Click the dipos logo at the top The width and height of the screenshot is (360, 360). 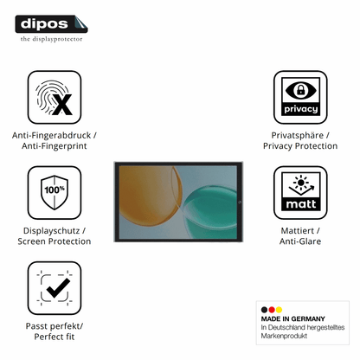pyautogui.click(x=51, y=24)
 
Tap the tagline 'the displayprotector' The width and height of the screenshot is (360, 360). pyautogui.click(x=51, y=39)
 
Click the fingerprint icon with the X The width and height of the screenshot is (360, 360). pyautogui.click(x=55, y=98)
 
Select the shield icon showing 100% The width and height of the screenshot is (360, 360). pyautogui.click(x=55, y=192)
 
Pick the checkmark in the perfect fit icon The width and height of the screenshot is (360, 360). pyautogui.click(x=58, y=287)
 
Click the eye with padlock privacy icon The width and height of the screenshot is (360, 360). pyautogui.click(x=300, y=90)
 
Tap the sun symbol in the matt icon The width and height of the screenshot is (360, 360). pyautogui.click(x=301, y=183)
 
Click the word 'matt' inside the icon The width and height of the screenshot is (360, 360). pyautogui.click(x=300, y=204)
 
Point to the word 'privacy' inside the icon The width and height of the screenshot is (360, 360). pyautogui.click(x=300, y=109)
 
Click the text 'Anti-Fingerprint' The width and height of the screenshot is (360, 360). pyautogui.click(x=55, y=146)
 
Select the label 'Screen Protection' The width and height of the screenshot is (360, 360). pyautogui.click(x=55, y=241)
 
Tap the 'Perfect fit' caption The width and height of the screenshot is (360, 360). pyautogui.click(x=55, y=337)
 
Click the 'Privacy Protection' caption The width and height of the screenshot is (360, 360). pyautogui.click(x=300, y=146)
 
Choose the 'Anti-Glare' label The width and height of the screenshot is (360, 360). pyautogui.click(x=300, y=241)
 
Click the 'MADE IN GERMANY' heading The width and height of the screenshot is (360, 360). pyautogui.click(x=292, y=318)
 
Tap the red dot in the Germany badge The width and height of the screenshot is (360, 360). pyautogui.click(x=272, y=310)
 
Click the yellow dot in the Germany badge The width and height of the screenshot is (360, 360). pyautogui.click(x=279, y=310)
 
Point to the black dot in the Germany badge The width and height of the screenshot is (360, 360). pyautogui.click(x=264, y=310)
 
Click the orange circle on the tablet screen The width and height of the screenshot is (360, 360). pyautogui.click(x=150, y=192)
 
